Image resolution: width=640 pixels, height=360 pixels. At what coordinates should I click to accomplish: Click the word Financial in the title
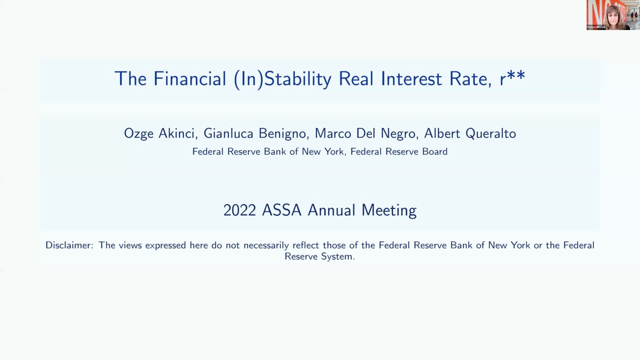(189, 78)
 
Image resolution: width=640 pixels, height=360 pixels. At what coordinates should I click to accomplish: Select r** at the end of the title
(512, 78)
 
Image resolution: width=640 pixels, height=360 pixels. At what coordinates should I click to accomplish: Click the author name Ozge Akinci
(161, 133)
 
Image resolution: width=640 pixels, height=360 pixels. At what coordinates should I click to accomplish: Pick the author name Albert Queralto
(470, 133)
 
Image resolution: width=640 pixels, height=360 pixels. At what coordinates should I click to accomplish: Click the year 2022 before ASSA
(239, 210)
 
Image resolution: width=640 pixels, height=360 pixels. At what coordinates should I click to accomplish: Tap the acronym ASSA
(281, 210)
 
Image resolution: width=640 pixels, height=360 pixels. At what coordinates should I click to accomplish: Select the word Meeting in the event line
(389, 211)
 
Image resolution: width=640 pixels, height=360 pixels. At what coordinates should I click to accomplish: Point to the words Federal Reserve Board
(399, 151)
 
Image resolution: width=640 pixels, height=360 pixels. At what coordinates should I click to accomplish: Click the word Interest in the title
(411, 78)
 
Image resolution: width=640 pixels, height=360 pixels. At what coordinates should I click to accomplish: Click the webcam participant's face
(613, 17)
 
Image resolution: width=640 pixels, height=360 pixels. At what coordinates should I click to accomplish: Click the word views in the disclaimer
(130, 245)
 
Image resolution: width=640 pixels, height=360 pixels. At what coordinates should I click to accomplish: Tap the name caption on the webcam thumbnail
(596, 27)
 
